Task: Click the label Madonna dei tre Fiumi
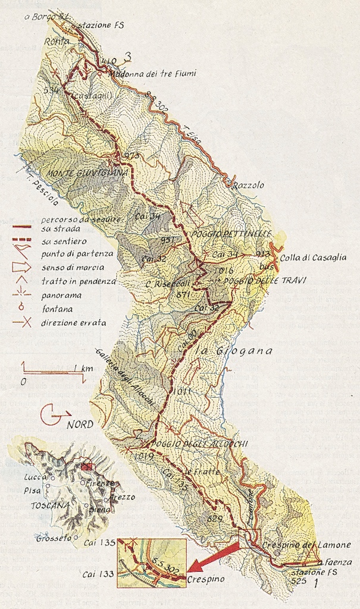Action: [152, 74]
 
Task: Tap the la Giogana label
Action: [242, 351]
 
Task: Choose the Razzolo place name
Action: [248, 185]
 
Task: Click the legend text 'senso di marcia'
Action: [71, 267]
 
